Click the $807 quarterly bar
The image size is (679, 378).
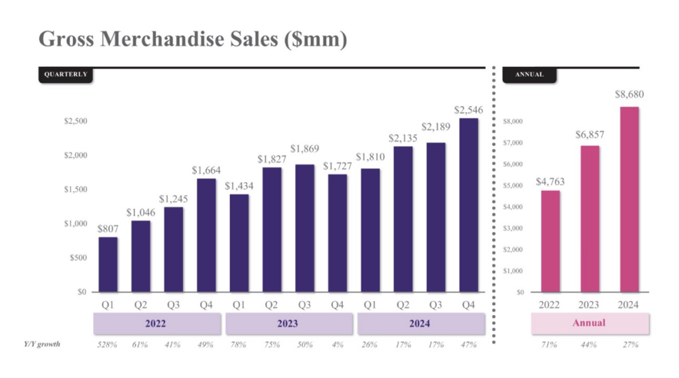tap(108, 265)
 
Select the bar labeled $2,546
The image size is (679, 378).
tap(469, 205)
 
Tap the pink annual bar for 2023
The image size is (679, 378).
tap(589, 219)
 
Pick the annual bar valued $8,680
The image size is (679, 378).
tap(629, 199)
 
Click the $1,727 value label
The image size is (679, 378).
tap(338, 166)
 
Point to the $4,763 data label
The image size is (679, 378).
tap(550, 181)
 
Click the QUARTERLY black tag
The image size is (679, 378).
tap(66, 74)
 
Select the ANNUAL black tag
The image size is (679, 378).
tap(530, 74)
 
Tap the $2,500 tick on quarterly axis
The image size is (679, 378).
tap(76, 121)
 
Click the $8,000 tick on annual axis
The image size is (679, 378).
tap(514, 121)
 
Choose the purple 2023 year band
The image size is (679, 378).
tap(288, 324)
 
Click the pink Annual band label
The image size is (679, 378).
tap(589, 323)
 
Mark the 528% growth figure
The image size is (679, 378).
tap(107, 345)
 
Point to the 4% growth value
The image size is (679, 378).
tap(338, 345)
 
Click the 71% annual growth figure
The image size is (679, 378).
tap(550, 345)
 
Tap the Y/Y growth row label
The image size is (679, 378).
tap(42, 344)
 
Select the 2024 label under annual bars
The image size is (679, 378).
tap(629, 305)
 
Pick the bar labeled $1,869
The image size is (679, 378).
tap(305, 228)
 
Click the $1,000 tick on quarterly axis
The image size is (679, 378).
tap(76, 223)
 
